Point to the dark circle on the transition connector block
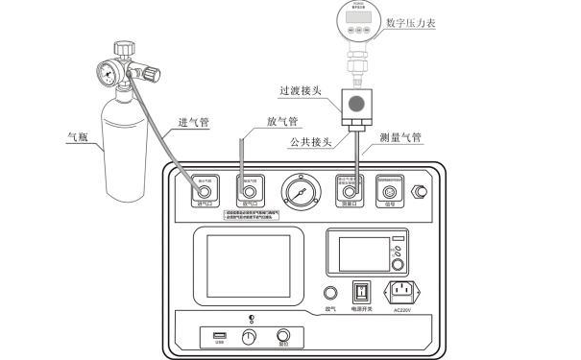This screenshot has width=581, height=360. [x=357, y=104]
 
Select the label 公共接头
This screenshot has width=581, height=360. [x=309, y=142]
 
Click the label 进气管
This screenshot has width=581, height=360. [x=196, y=123]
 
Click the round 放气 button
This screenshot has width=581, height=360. [x=330, y=294]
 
